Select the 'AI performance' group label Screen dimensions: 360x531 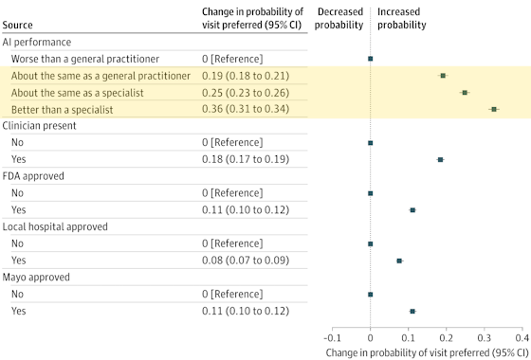click(x=43, y=42)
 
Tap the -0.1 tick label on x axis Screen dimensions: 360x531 click(x=331, y=336)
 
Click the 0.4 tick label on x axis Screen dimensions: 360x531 click(x=522, y=336)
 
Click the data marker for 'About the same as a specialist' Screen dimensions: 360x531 click(x=465, y=92)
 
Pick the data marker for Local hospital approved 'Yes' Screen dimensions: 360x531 click(x=399, y=261)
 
